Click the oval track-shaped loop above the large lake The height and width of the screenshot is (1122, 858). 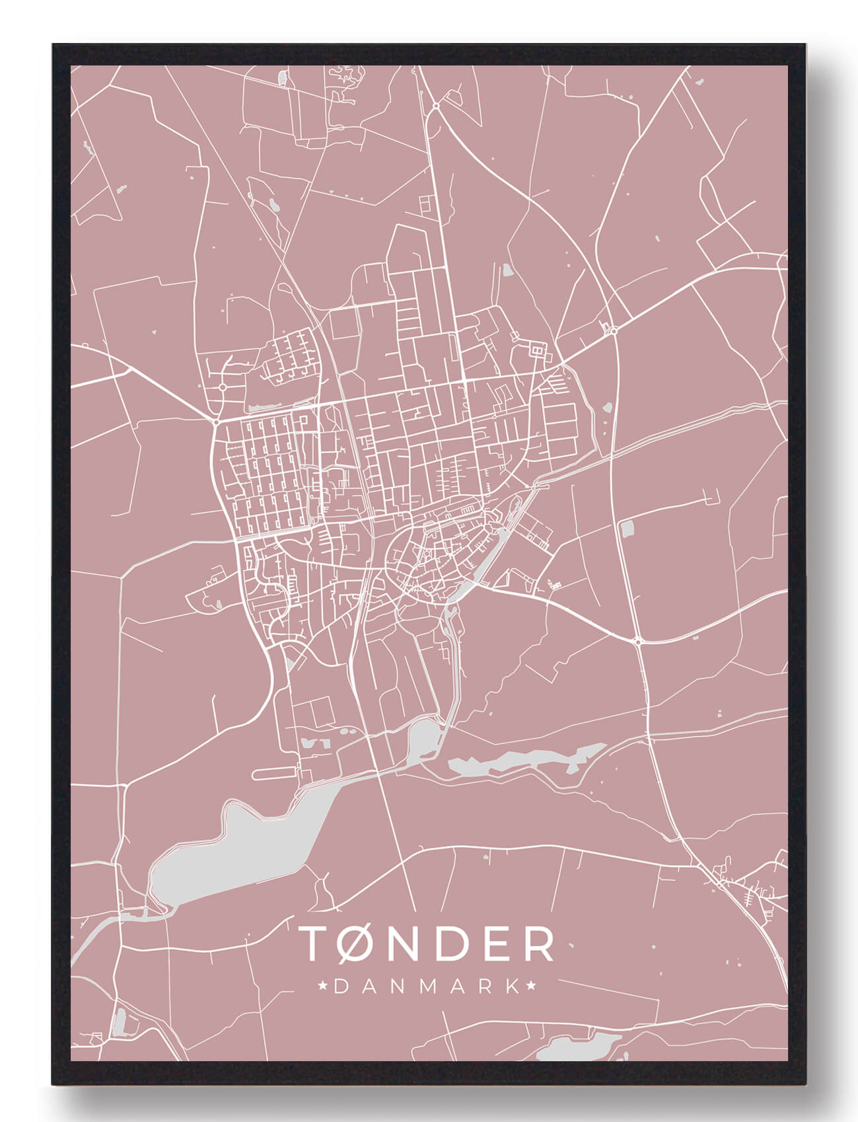click(x=275, y=771)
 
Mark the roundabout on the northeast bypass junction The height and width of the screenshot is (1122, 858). click(x=614, y=331)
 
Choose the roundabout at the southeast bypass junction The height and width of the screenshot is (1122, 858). click(x=639, y=641)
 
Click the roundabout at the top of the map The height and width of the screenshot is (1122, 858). click(x=436, y=106)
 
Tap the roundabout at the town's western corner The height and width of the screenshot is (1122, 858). click(x=217, y=421)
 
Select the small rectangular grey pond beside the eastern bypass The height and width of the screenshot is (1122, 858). click(x=626, y=528)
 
